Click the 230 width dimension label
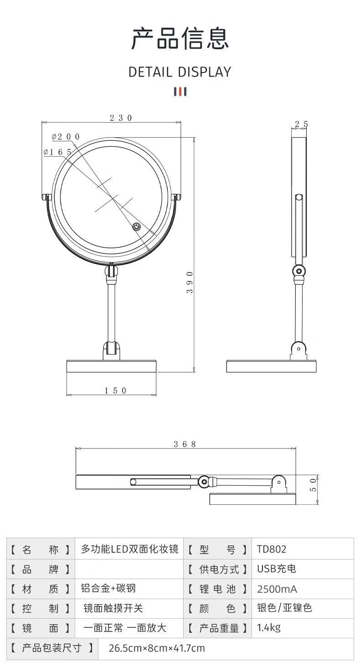click(121, 118)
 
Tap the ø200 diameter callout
click(66, 137)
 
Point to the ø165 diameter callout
click(58, 152)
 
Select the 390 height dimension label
click(190, 282)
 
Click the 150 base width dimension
click(116, 390)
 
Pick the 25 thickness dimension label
click(301, 124)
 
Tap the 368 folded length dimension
click(185, 444)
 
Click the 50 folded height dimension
click(313, 485)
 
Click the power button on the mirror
click(136, 227)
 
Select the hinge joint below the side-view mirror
click(298, 271)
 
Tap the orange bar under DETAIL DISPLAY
click(180, 92)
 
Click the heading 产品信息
click(180, 38)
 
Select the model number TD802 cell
click(272, 549)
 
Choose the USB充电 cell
click(277, 569)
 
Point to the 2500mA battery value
click(277, 589)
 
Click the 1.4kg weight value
click(268, 628)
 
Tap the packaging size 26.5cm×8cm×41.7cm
click(157, 648)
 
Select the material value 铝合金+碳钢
click(108, 588)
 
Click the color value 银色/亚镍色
click(284, 608)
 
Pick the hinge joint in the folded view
click(204, 482)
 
